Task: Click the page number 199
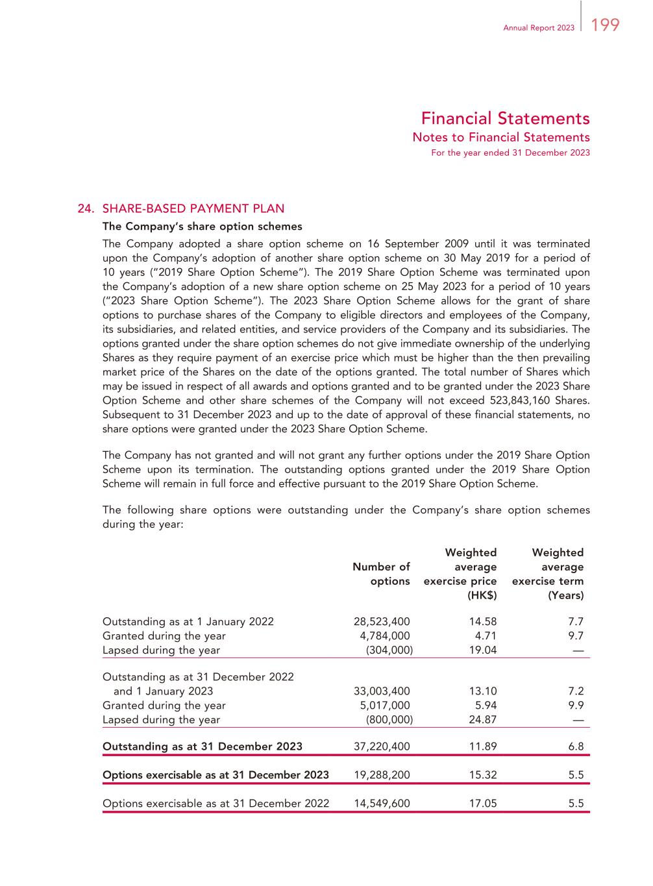(x=606, y=25)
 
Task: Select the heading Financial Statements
(x=505, y=119)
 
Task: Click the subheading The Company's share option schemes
(x=203, y=227)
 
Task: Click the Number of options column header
(x=381, y=574)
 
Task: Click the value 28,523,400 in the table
(x=382, y=622)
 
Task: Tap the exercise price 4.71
(x=483, y=636)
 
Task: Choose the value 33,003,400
(x=382, y=691)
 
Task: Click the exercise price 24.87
(x=482, y=720)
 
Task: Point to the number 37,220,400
(x=382, y=746)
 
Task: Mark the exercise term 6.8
(x=576, y=746)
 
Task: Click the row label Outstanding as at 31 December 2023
(x=203, y=746)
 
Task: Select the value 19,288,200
(x=382, y=775)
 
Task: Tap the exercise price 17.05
(x=482, y=804)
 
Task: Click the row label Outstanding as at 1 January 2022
(x=188, y=622)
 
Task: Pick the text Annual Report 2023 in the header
(x=539, y=28)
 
